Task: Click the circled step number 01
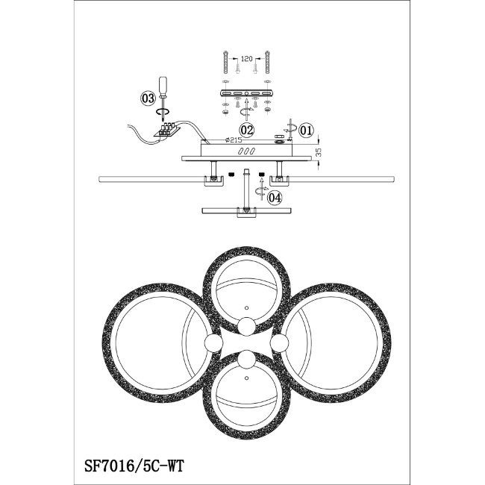click(x=306, y=131)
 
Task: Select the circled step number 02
click(x=247, y=131)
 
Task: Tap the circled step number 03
click(x=148, y=98)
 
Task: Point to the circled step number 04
click(x=275, y=198)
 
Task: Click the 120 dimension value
click(x=246, y=59)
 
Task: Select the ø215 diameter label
click(x=234, y=140)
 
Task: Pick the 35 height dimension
click(x=319, y=152)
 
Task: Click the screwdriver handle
click(x=163, y=86)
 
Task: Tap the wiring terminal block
click(x=167, y=129)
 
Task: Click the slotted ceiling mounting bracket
click(x=246, y=93)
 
